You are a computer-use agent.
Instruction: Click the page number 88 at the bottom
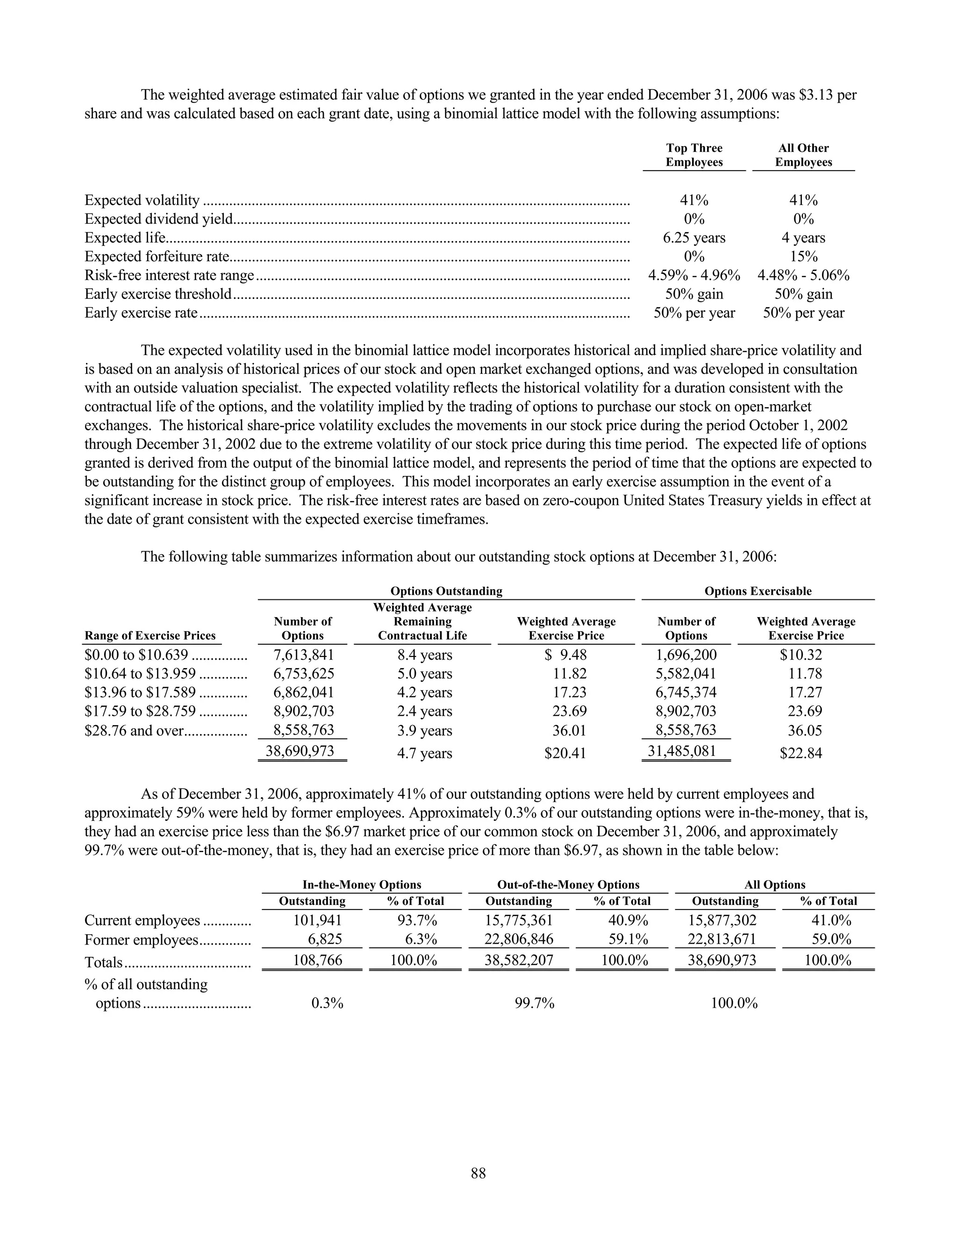478,1173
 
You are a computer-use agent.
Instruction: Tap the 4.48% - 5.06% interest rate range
803,276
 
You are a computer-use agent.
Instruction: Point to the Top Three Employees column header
694,155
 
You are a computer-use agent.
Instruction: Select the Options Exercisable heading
757,591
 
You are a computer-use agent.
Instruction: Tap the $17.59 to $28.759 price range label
140,711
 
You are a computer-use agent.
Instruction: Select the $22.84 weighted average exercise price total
800,754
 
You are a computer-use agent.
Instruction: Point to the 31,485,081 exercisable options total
682,752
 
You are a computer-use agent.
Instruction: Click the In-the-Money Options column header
362,885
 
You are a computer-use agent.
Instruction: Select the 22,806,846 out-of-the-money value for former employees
518,940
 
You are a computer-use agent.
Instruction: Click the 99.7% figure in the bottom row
534,1003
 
